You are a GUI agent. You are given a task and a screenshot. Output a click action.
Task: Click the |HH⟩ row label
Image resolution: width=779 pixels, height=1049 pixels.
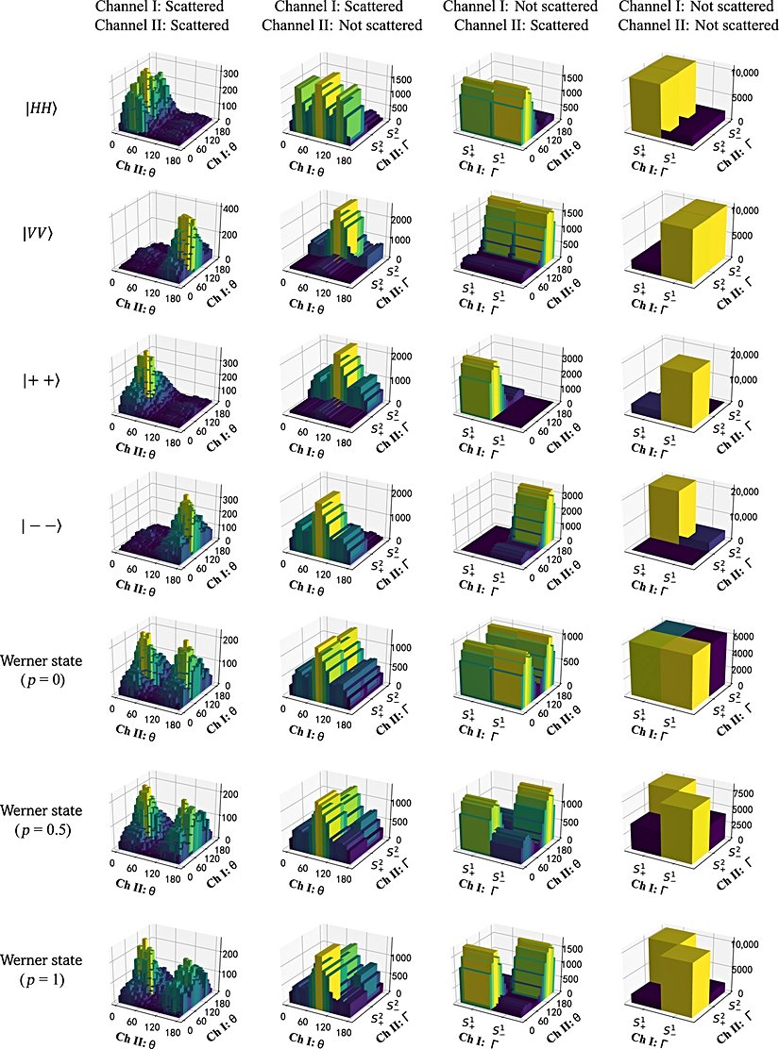(x=42, y=107)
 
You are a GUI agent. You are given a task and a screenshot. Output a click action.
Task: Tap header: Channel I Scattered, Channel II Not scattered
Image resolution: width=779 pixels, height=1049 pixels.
(x=339, y=16)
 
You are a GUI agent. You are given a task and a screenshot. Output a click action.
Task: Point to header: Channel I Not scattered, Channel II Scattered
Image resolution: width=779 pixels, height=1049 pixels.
(x=524, y=16)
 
